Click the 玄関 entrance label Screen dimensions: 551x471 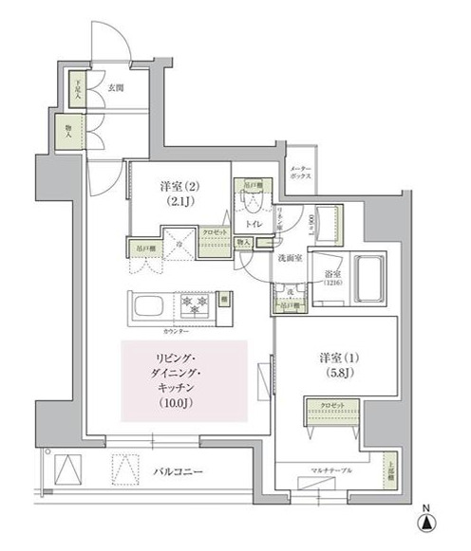116,89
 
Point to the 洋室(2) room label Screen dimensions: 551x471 180,185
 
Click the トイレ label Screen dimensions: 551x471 254,225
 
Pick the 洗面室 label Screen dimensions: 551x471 289,257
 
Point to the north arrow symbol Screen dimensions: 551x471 429,521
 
